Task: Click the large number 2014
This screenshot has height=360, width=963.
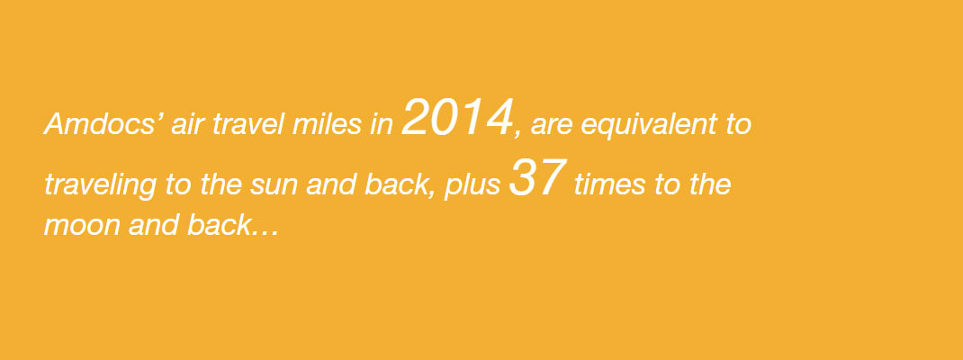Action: pyautogui.click(x=457, y=118)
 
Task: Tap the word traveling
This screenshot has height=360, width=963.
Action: pyautogui.click(x=101, y=184)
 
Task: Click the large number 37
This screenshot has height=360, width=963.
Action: pyautogui.click(x=536, y=178)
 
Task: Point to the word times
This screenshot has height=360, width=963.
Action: pyautogui.click(x=609, y=184)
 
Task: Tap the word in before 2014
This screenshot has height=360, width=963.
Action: pyautogui.click(x=382, y=124)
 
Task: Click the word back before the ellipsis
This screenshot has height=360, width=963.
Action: pyautogui.click(x=220, y=225)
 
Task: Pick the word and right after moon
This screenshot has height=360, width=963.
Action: pyautogui.click(x=153, y=225)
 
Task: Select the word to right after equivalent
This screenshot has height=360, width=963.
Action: pyautogui.click(x=738, y=125)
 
